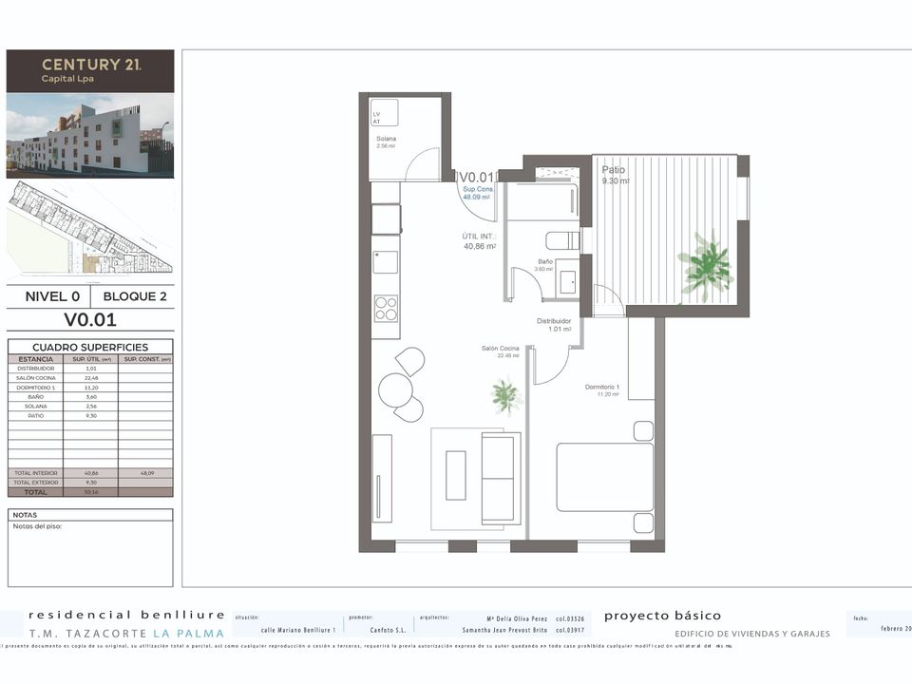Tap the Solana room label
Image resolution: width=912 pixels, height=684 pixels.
(386, 139)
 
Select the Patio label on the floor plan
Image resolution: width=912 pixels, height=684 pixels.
(613, 170)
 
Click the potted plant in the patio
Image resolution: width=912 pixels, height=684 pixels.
(707, 265)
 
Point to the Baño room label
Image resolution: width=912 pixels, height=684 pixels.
(545, 261)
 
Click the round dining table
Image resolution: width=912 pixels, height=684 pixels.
(394, 389)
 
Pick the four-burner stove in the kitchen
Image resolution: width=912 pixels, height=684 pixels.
(386, 308)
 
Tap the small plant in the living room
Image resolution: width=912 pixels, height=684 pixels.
(506, 394)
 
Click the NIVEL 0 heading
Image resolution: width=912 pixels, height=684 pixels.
(52, 296)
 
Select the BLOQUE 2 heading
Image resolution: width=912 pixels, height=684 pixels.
(135, 296)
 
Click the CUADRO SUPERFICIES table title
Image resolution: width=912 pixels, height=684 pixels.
(89, 348)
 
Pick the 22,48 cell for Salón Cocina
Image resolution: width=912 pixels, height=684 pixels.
(92, 378)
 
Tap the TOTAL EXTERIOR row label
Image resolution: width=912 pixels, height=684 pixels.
(36, 483)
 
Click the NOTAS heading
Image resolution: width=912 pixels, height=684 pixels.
(25, 515)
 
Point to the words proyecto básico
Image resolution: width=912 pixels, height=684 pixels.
(662, 616)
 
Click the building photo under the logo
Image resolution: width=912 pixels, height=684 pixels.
(90, 135)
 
